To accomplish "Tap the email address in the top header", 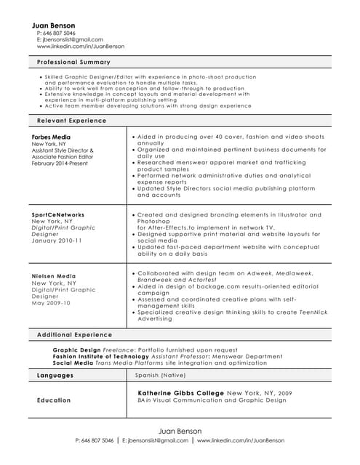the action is (72, 40).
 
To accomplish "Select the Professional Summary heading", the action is (73, 62).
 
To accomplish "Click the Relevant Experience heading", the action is (71, 121).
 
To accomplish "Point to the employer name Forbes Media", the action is (51, 137).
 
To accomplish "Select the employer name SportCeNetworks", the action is (58, 215).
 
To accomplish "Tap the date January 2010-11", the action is (57, 240).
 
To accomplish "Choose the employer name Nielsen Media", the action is (53, 276).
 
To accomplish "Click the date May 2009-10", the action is (51, 302).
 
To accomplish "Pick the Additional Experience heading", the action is (74, 335).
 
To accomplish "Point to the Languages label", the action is (55, 376).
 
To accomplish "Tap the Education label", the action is (54, 400).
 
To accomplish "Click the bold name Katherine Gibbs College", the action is (180, 393).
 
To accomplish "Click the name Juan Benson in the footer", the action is (180, 431).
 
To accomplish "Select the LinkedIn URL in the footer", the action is (241, 440).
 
